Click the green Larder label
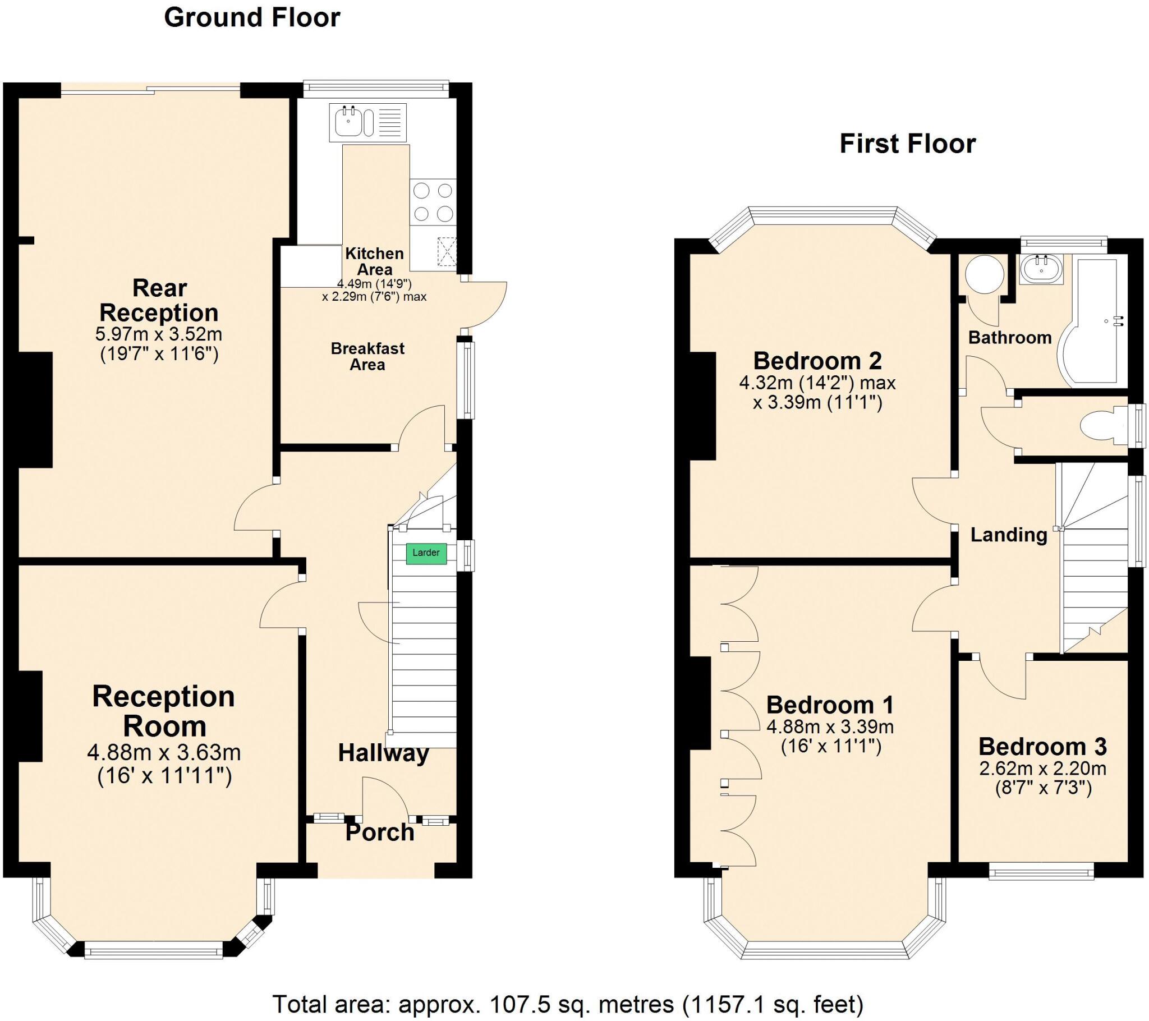(426, 553)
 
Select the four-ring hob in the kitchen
(433, 203)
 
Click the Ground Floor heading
(252, 17)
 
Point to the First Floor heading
(907, 144)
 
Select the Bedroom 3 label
(1043, 747)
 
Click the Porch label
(380, 833)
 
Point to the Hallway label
(383, 753)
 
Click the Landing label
(1009, 535)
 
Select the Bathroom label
(1010, 337)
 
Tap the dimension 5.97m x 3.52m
(159, 334)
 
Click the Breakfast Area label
(367, 356)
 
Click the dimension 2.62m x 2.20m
(1043, 769)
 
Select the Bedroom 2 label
(817, 360)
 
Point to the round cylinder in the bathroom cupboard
(984, 275)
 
